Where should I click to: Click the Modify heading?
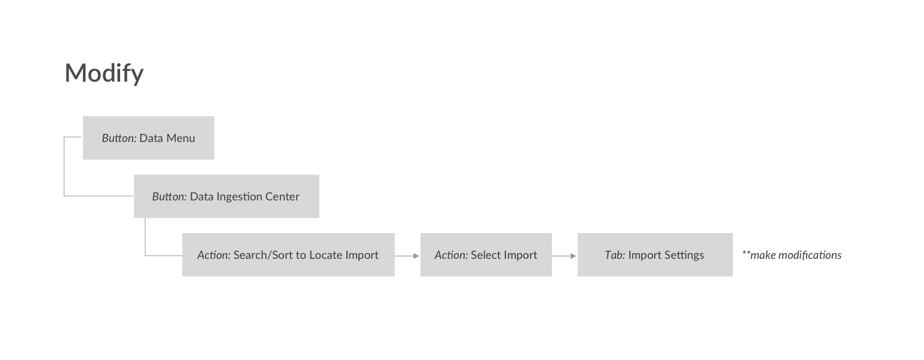coord(104,74)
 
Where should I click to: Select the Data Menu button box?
coord(148,138)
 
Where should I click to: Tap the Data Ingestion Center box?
coord(226,196)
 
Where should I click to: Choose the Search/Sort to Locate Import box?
coord(289,255)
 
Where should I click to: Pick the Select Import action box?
coord(486,255)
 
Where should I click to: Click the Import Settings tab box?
coord(655,255)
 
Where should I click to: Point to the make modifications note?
coord(791,255)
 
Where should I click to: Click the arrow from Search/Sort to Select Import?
coord(407,256)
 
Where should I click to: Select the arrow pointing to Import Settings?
coord(564,256)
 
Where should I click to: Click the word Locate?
coord(326,255)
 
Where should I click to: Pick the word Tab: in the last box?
coord(615,255)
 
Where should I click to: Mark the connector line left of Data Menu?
coord(64,166)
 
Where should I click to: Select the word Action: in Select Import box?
coord(451,255)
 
